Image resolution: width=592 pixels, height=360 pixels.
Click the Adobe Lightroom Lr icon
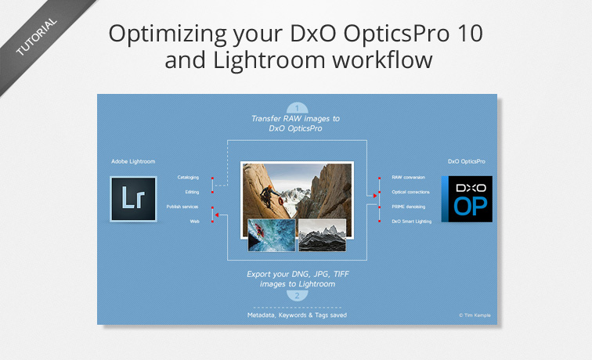point(133,199)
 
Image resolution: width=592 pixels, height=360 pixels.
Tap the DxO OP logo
point(467,199)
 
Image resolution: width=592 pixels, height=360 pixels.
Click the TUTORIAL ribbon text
point(36,37)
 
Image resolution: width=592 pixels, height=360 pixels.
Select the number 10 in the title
point(468,33)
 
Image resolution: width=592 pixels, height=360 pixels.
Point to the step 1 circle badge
point(297,108)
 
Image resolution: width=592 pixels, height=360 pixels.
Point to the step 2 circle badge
point(297,296)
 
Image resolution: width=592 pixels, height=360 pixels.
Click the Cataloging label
point(188,178)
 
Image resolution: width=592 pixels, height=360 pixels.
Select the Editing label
point(192,192)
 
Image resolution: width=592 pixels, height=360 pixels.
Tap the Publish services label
point(182,207)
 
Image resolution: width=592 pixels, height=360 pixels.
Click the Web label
point(194,221)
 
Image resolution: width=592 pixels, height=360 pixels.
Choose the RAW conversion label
point(408,178)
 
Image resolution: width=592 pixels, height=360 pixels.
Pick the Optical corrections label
point(410,192)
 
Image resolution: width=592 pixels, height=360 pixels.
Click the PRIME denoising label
point(408,207)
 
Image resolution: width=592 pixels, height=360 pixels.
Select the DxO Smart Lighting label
point(412,221)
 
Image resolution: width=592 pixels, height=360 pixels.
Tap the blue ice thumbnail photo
point(272,235)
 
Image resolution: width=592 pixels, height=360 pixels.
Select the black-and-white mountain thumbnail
point(322,235)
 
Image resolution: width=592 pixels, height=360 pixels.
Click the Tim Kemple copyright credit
point(475,315)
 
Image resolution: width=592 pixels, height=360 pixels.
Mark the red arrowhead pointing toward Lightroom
point(217,215)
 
